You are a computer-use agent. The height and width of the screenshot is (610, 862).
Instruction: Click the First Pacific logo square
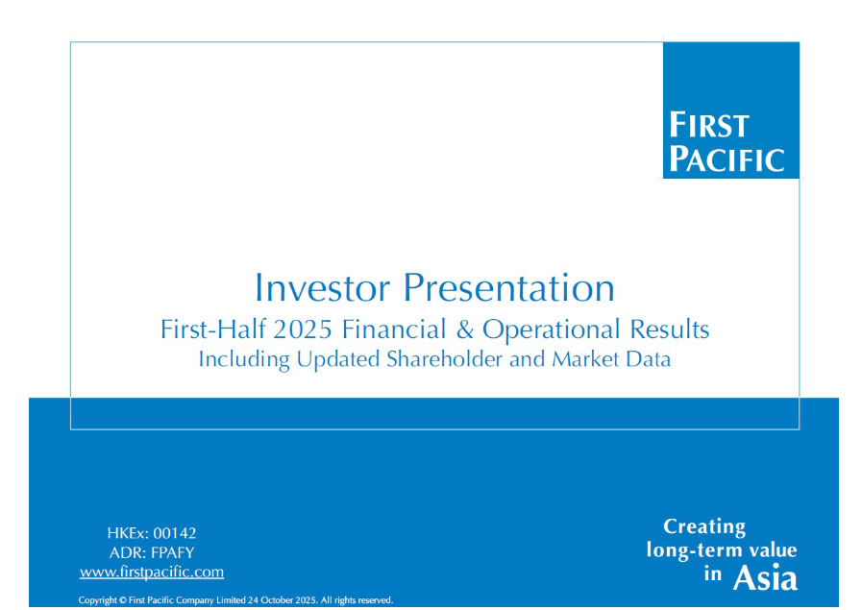pyautogui.click(x=731, y=110)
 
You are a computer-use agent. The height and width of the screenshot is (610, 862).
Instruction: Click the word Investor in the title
pyautogui.click(x=322, y=287)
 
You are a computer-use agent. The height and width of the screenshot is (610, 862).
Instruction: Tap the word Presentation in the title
pyautogui.click(x=509, y=287)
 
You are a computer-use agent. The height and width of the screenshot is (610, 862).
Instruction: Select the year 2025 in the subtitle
pyautogui.click(x=303, y=329)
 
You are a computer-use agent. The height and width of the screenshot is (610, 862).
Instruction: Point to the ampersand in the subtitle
pyautogui.click(x=464, y=329)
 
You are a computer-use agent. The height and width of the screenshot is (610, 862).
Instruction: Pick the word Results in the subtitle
pyautogui.click(x=670, y=329)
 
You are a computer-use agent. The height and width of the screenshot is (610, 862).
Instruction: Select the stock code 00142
pyautogui.click(x=174, y=533)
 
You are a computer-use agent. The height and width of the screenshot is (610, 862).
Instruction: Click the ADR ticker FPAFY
pyautogui.click(x=172, y=552)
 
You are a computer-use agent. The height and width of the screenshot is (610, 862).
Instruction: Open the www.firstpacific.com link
pyautogui.click(x=152, y=573)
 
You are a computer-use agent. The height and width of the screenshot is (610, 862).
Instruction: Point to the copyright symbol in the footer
pyautogui.click(x=123, y=600)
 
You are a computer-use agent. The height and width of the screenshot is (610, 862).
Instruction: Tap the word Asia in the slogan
pyautogui.click(x=765, y=577)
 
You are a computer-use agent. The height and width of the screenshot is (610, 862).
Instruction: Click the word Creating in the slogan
pyautogui.click(x=704, y=527)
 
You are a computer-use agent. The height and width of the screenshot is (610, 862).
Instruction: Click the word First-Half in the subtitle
pyautogui.click(x=213, y=329)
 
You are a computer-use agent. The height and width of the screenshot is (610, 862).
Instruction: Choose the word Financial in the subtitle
pyautogui.click(x=394, y=329)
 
